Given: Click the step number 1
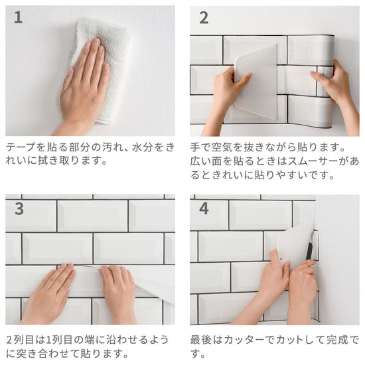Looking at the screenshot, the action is (x=18, y=17).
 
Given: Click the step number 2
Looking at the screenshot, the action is (x=204, y=18).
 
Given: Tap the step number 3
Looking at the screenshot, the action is (x=19, y=208).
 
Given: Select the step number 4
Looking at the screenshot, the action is (x=204, y=208).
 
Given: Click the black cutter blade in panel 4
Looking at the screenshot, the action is (x=309, y=252).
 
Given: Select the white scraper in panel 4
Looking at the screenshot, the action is (x=295, y=244).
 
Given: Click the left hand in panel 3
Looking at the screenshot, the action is (x=50, y=293).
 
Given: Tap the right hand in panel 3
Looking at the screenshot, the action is (x=117, y=293).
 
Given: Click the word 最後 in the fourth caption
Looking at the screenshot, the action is (x=200, y=340).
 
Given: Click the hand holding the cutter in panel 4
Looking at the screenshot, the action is (x=303, y=291).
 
